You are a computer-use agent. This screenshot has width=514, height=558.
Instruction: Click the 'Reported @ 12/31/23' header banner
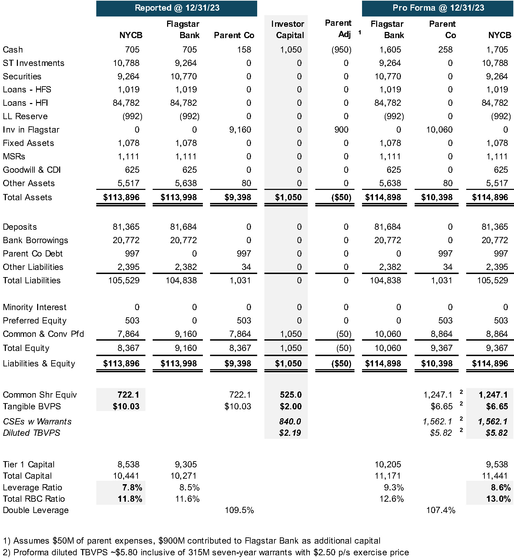pos(177,8)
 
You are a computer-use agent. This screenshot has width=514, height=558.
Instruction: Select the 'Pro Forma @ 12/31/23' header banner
pos(438,8)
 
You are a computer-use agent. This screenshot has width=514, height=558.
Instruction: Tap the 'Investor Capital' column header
pos(287,30)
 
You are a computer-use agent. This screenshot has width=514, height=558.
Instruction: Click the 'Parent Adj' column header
pos(338,29)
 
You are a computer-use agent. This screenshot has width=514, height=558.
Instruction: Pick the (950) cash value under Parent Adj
pos(341,50)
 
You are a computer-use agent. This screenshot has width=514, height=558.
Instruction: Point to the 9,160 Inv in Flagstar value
pos(240,130)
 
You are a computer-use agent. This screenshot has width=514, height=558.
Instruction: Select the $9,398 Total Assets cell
pos(238,197)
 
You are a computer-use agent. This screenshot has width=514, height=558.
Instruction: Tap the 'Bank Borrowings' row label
pos(35,240)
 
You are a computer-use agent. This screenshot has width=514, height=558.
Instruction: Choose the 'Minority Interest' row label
pos(34,307)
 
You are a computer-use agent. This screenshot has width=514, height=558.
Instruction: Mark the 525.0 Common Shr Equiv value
pos(291,395)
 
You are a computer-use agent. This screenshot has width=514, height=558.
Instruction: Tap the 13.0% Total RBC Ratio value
pos(498,499)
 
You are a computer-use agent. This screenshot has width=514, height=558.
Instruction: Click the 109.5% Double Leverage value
pos(239,510)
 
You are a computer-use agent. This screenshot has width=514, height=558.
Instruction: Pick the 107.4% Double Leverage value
pos(440,510)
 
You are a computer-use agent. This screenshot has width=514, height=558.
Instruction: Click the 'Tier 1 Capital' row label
pos(29,465)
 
